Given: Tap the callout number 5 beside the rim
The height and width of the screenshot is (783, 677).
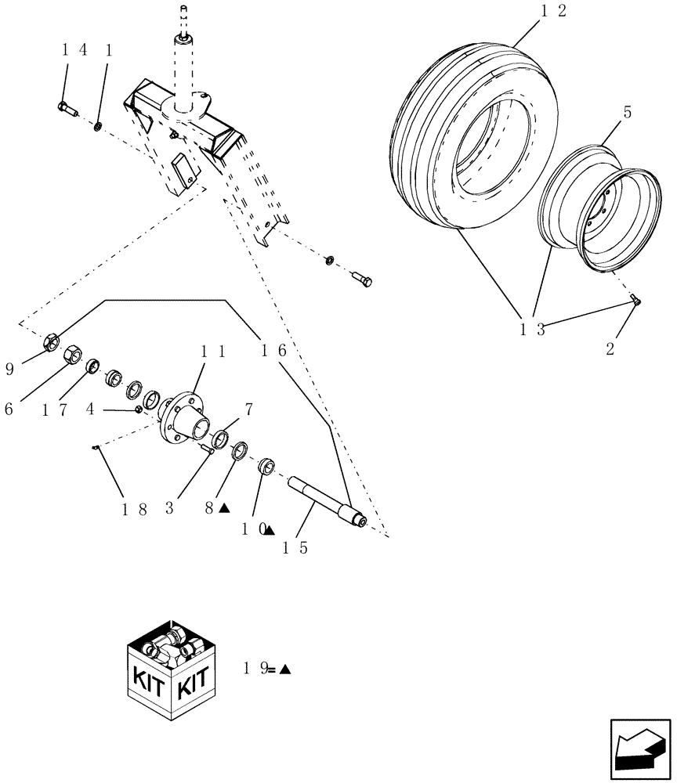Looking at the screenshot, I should pyautogui.click(x=627, y=113).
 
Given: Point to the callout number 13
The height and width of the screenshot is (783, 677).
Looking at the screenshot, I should pyautogui.click(x=532, y=330).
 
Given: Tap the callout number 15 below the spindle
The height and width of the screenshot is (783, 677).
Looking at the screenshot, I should pyautogui.click(x=297, y=547).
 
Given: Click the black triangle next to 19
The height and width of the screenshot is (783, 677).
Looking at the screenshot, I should pyautogui.click(x=284, y=669).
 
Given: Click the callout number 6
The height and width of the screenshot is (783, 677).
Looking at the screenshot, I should pyautogui.click(x=9, y=409).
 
